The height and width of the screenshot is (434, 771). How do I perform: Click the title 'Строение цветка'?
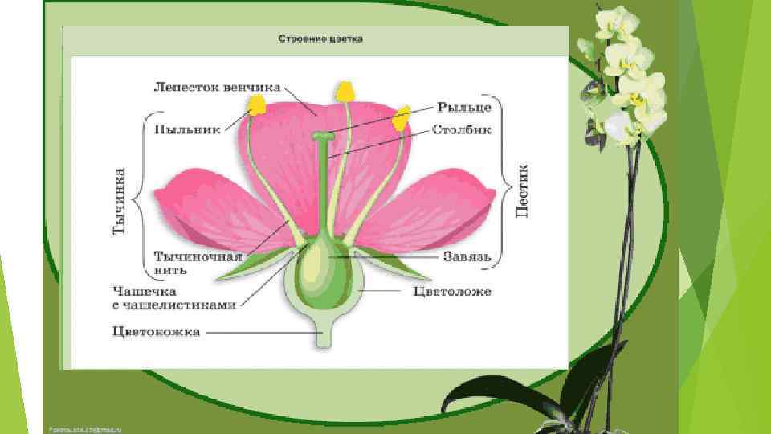pos(320,39)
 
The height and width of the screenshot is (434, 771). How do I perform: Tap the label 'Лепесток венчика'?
pos(217,86)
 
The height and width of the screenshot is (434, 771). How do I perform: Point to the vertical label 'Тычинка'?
pos(120,200)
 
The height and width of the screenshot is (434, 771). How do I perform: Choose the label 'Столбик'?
pos(462,129)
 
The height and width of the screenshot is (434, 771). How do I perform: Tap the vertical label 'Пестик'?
pos(521,190)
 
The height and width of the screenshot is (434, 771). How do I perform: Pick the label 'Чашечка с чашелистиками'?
pos(173,297)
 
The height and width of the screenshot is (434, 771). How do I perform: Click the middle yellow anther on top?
pos(345,92)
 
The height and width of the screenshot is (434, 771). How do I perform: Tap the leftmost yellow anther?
pos(257,104)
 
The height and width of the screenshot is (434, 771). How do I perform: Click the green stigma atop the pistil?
pos(324,138)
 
